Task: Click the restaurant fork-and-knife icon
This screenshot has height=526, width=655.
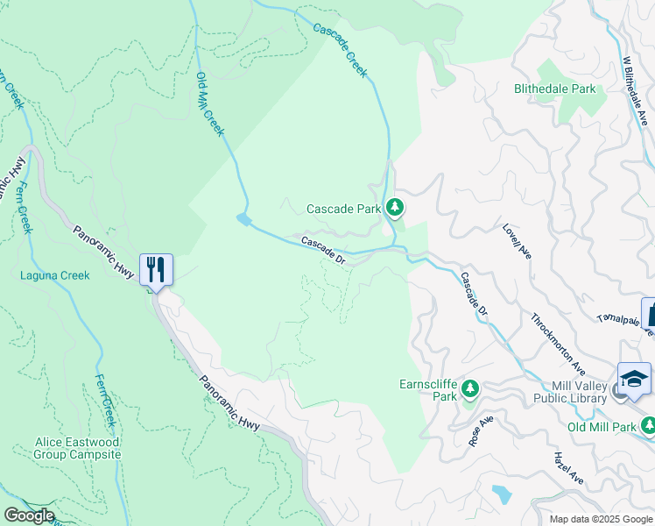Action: pyautogui.click(x=156, y=269)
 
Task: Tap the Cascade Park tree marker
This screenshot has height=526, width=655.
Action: pyautogui.click(x=396, y=208)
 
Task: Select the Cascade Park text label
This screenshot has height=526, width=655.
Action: pyautogui.click(x=343, y=209)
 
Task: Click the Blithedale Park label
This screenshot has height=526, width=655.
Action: pyautogui.click(x=555, y=89)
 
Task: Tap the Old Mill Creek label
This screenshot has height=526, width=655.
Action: pyautogui.click(x=210, y=104)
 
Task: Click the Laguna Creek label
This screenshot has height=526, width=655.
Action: pyautogui.click(x=55, y=275)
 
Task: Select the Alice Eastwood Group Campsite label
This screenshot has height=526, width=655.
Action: pyautogui.click(x=78, y=449)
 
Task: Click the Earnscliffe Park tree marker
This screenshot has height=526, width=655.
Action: pyautogui.click(x=470, y=387)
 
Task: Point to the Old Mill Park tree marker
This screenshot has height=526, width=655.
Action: pyautogui.click(x=648, y=425)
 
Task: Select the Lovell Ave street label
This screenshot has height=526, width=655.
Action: pyautogui.click(x=517, y=240)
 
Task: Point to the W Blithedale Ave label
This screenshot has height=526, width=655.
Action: pyautogui.click(x=635, y=91)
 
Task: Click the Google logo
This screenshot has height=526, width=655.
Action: pyautogui.click(x=28, y=515)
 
